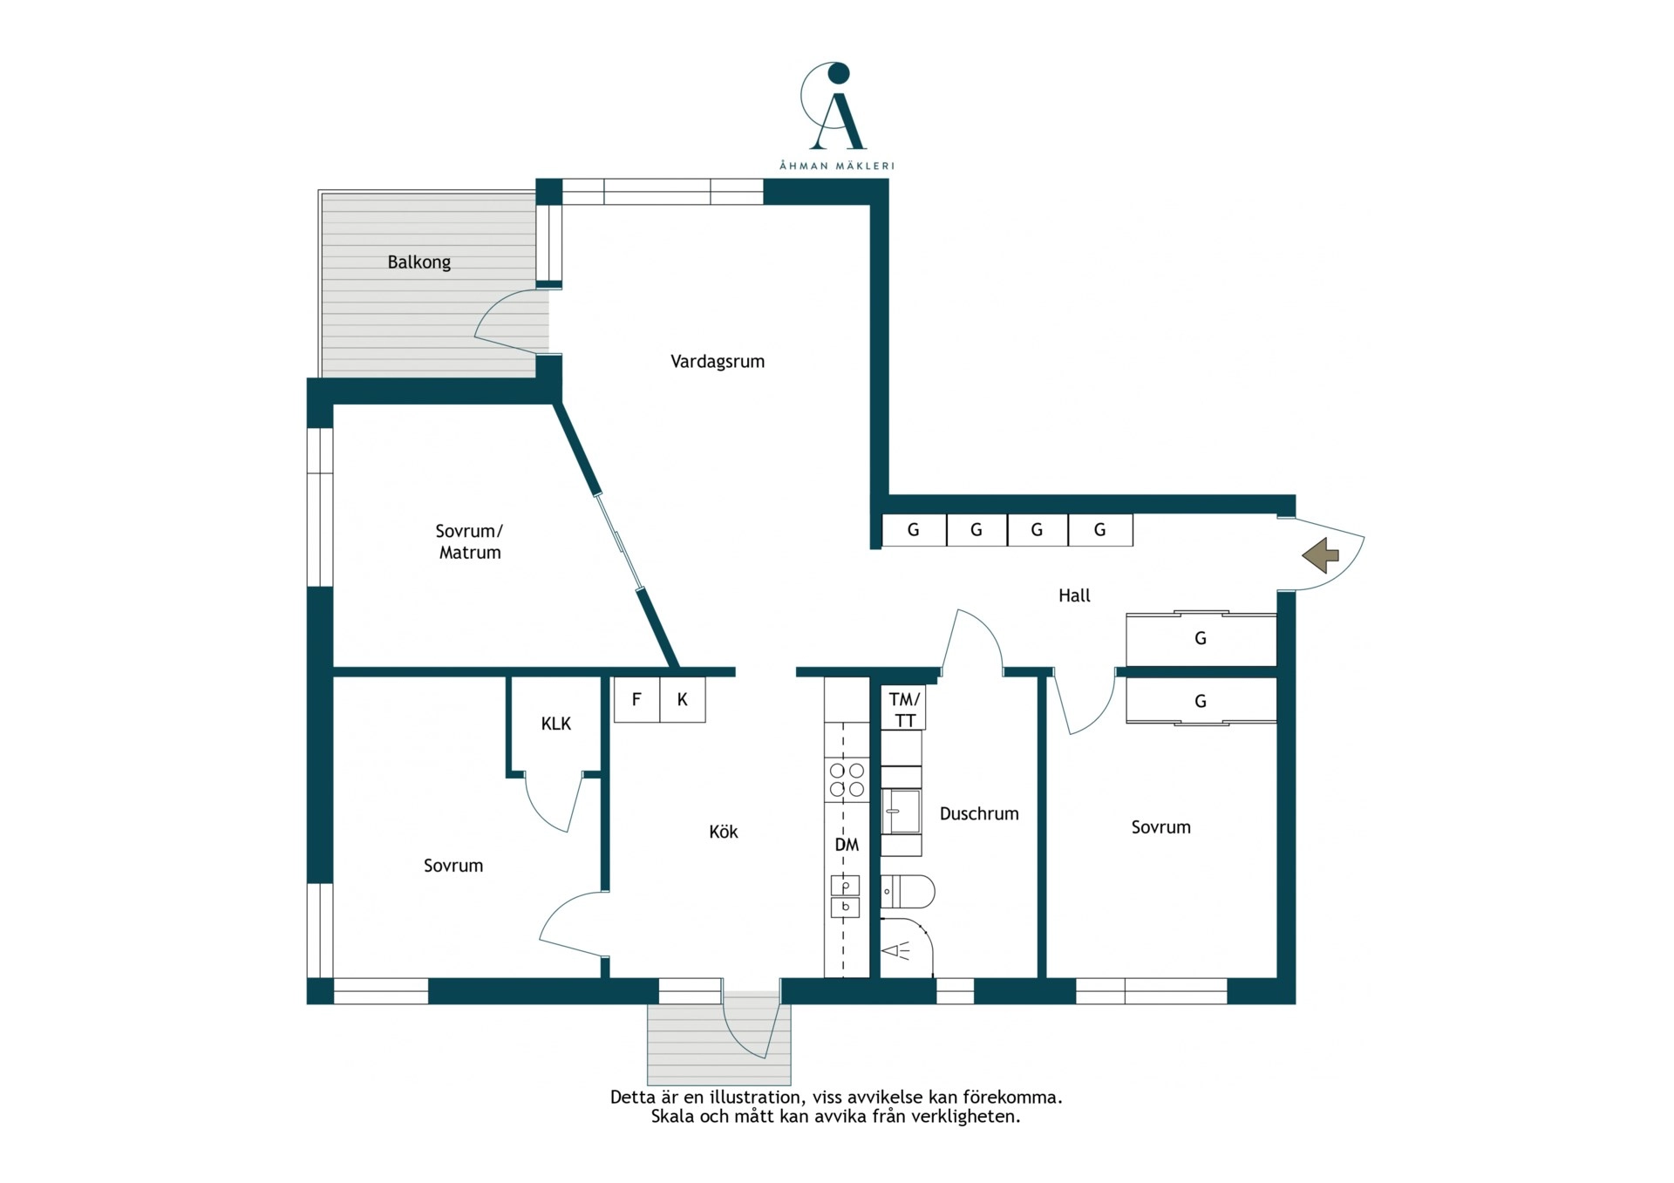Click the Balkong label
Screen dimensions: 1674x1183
pyautogui.click(x=418, y=262)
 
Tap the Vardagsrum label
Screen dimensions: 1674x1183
pyautogui.click(x=718, y=362)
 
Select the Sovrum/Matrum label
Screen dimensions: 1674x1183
pyautogui.click(x=470, y=541)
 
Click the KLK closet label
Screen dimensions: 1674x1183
pyautogui.click(x=556, y=724)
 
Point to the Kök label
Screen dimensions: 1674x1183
pyautogui.click(x=724, y=832)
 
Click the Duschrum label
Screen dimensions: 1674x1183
pyautogui.click(x=979, y=813)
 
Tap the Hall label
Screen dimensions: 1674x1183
pyautogui.click(x=1074, y=595)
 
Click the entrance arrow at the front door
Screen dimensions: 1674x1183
pyautogui.click(x=1321, y=554)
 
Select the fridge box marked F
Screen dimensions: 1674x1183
pyautogui.click(x=637, y=699)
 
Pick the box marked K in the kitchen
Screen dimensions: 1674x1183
pyautogui.click(x=683, y=699)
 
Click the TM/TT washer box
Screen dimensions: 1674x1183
pyautogui.click(x=904, y=709)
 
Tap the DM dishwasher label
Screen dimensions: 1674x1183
pyautogui.click(x=847, y=845)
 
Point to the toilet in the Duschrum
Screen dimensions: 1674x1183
pyautogui.click(x=907, y=892)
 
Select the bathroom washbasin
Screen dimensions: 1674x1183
pyautogui.click(x=901, y=812)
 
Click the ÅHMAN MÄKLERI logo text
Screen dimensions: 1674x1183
pyautogui.click(x=837, y=166)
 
